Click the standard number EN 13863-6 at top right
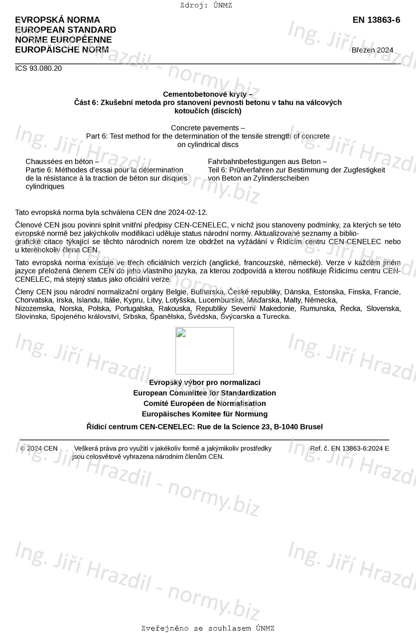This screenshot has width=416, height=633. [376, 20]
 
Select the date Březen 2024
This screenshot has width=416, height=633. [372, 50]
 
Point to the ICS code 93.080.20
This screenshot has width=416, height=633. [38, 68]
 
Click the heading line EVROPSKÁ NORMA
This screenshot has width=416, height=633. [57, 20]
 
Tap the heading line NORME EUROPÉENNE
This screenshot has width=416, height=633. [63, 40]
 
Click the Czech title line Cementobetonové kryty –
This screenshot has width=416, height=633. [207, 94]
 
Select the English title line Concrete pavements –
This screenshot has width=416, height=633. [208, 128]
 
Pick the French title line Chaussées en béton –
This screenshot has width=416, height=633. [62, 162]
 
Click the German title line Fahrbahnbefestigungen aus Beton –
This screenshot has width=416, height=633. [267, 162]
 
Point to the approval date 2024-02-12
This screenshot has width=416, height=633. [188, 212]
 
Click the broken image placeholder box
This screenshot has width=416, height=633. [204, 351]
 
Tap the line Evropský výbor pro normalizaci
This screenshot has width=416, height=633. [204, 383]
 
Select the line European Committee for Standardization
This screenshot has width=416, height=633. [204, 393]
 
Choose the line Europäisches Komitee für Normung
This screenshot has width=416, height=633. [204, 414]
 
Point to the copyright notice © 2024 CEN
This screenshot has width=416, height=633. [39, 448]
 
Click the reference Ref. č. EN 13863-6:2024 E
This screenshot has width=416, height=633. [349, 448]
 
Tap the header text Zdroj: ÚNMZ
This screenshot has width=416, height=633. [206, 5]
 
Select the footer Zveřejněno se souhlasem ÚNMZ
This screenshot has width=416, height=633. [208, 628]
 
